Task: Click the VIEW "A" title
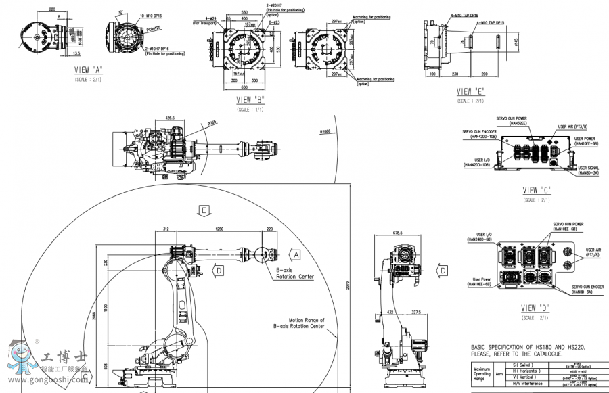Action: pos(89,69)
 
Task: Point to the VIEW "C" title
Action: pos(538,191)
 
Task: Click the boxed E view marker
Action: pos(203,210)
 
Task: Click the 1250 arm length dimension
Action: pos(219,230)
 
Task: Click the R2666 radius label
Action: pos(325,131)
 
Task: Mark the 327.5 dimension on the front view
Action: pos(415,313)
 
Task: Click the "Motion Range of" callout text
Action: pos(306,320)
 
